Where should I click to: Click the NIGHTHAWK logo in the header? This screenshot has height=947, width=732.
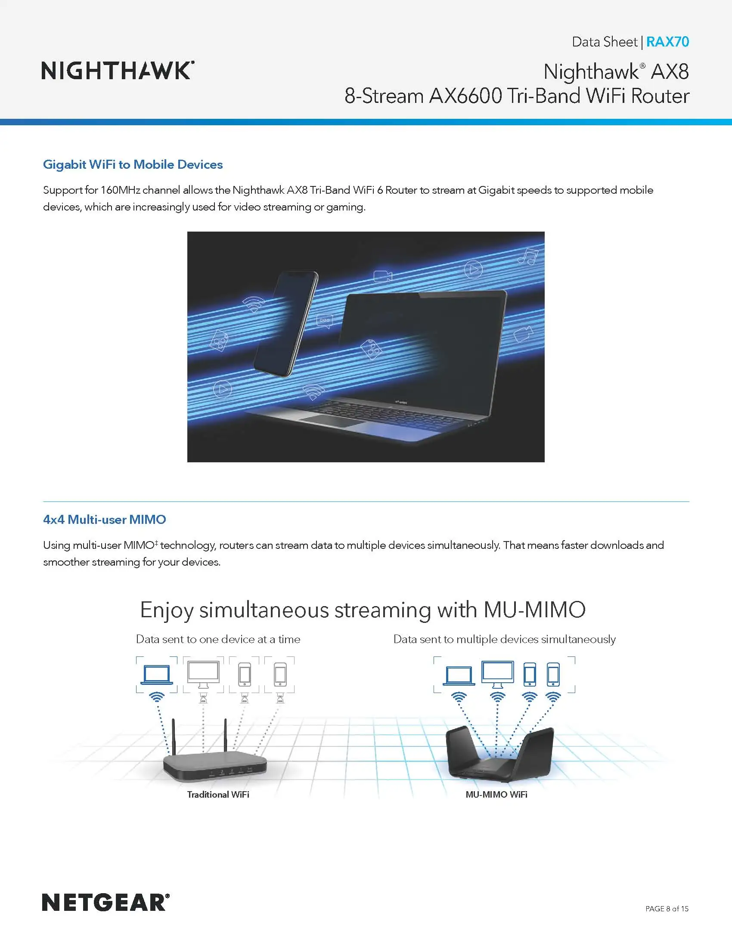click(x=118, y=71)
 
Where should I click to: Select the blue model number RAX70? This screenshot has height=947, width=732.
click(x=667, y=42)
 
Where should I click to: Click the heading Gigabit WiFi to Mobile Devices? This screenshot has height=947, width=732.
click(x=133, y=164)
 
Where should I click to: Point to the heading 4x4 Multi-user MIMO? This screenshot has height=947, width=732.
click(x=105, y=519)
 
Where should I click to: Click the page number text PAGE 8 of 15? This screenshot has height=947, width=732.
click(x=667, y=908)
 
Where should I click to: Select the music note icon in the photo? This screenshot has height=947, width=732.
click(x=528, y=256)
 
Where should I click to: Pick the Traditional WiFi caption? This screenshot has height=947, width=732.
click(x=218, y=794)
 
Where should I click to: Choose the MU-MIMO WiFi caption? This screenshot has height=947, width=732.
click(x=496, y=794)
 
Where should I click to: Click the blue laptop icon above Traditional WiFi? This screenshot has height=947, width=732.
click(x=157, y=675)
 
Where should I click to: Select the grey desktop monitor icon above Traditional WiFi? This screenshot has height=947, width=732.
click(x=203, y=674)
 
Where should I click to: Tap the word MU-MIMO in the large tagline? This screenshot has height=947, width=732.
click(x=534, y=610)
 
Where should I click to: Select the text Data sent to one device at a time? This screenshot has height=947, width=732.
click(x=218, y=639)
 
